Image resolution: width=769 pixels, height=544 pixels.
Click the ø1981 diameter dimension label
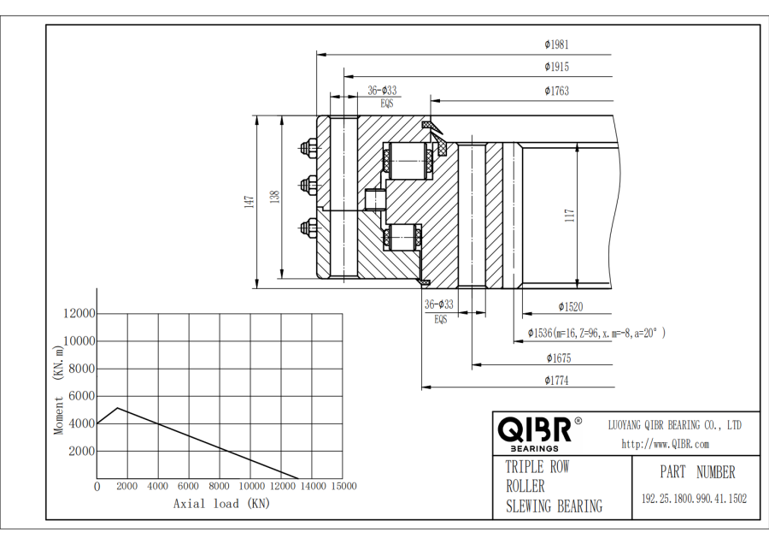coord(556,44)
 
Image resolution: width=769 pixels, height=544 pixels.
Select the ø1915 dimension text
coord(556,67)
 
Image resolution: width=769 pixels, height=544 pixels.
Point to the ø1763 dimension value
coord(556,91)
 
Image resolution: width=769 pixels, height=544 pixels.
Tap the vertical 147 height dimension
coord(249,202)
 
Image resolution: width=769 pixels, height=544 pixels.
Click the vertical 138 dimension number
coord(274,198)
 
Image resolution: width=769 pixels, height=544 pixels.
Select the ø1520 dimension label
coord(571,306)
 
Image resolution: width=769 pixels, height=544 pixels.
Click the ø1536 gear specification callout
coord(596,333)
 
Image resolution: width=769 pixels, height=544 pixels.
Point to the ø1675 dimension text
coord(557,358)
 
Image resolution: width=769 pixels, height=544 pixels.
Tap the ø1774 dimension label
coord(557,381)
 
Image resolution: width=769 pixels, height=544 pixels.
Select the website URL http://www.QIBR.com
coord(665,444)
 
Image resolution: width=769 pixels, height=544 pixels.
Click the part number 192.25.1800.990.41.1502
coord(694,499)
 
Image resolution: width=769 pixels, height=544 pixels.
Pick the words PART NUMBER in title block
coord(696,472)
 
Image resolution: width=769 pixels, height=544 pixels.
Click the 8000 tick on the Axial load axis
coord(219,486)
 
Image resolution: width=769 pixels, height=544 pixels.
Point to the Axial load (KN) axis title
coord(220,504)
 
